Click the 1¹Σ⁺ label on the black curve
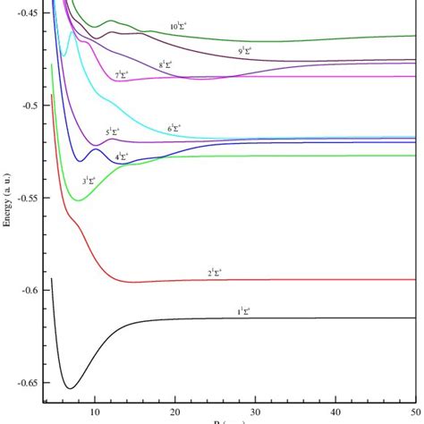point(243,311)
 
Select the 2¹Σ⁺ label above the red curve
point(216,272)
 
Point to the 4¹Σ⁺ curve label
point(122,157)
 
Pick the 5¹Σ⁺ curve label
point(113,131)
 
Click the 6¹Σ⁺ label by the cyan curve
point(175,129)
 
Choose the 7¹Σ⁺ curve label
point(122,75)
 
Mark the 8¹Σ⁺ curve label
point(166,64)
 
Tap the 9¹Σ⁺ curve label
point(244,50)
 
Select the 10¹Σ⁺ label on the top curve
point(181,27)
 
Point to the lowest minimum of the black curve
point(70,388)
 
